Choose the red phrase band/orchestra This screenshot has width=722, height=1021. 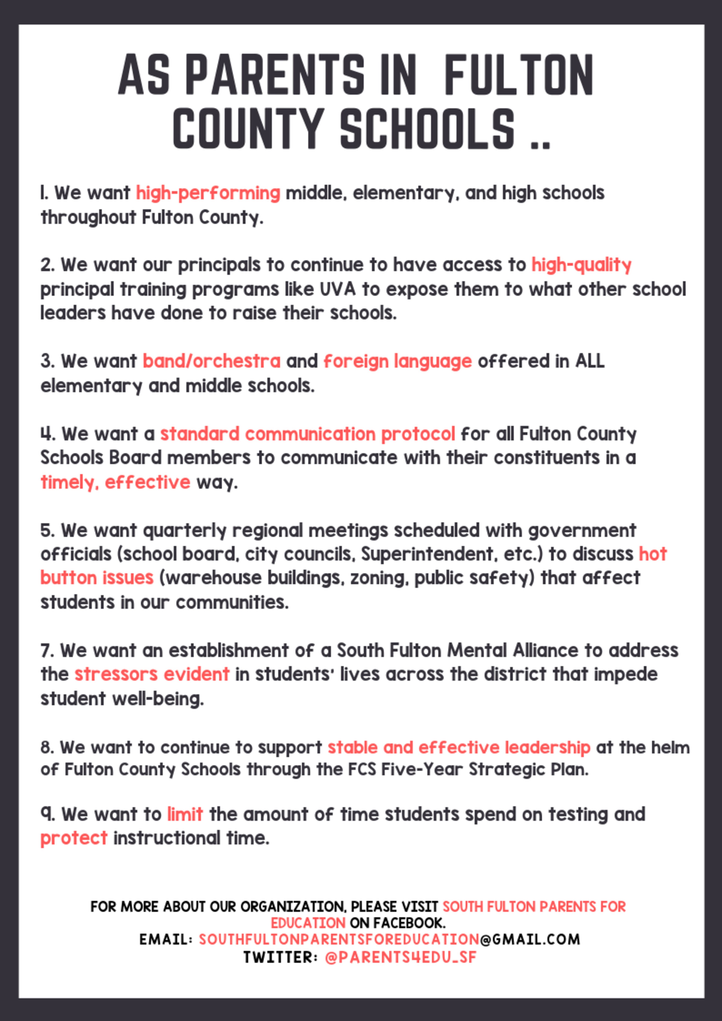click(x=211, y=361)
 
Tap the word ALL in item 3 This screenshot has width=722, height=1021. click(x=589, y=361)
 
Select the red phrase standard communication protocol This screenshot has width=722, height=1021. click(x=307, y=434)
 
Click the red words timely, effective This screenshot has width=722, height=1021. click(x=115, y=482)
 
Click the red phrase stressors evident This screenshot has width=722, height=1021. click(x=152, y=674)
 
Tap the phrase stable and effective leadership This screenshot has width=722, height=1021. click(x=459, y=747)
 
